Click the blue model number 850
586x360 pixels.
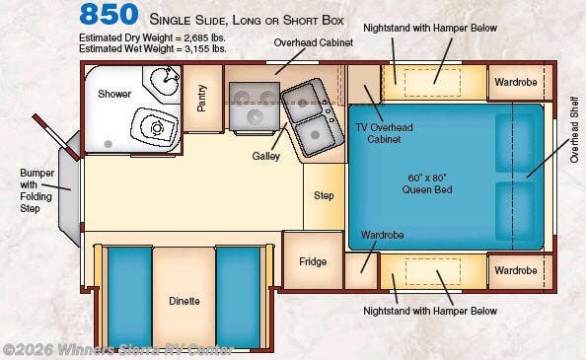(109, 15)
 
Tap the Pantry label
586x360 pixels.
(202, 99)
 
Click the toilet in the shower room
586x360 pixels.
(154, 125)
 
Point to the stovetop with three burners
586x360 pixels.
(255, 107)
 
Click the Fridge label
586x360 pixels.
(313, 261)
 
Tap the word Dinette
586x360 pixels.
(184, 301)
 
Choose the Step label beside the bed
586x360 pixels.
(324, 195)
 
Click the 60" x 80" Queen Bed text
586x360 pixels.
(427, 183)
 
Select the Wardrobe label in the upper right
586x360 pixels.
(516, 82)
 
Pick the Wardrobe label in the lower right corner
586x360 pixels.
(516, 270)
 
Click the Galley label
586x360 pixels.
(265, 156)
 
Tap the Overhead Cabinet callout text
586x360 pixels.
(313, 43)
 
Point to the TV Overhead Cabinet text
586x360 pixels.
(384, 133)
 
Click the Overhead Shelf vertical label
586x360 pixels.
(574, 129)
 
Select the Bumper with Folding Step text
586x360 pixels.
(37, 190)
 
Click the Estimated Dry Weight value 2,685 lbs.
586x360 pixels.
(204, 38)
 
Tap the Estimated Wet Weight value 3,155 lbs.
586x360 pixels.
(205, 49)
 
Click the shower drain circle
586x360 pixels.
(108, 144)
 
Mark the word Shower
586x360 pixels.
(114, 94)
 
